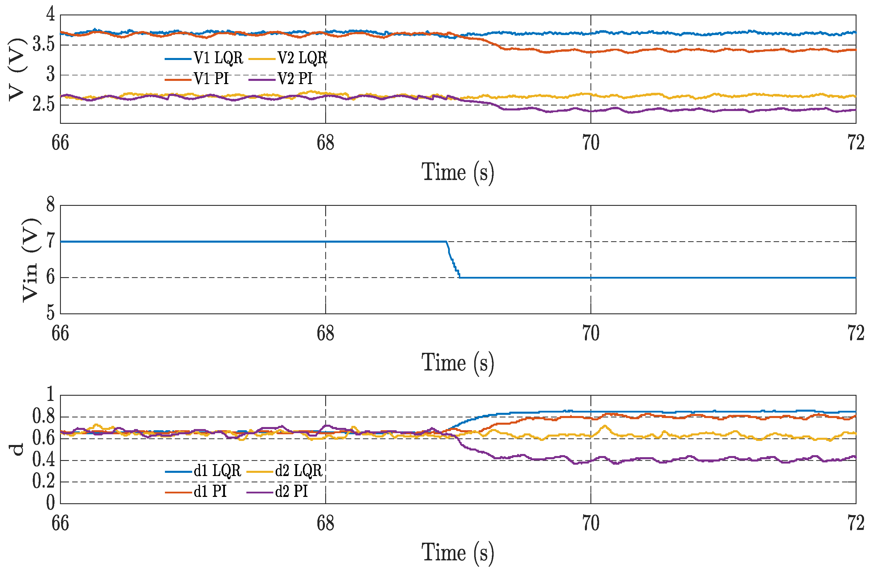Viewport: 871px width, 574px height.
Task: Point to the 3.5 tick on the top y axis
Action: pyautogui.click(x=43, y=45)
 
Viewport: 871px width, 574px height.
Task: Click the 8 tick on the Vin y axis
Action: pyautogui.click(x=50, y=205)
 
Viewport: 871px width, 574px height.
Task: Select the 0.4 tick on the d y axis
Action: pyautogui.click(x=43, y=460)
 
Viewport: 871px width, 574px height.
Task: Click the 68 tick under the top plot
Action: pyautogui.click(x=325, y=143)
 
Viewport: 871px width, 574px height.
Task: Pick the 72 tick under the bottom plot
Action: pyautogui.click(x=856, y=524)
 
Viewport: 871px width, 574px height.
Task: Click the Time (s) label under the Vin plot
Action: pyautogui.click(x=457, y=363)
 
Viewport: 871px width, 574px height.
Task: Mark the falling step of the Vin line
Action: pyautogui.click(x=453, y=260)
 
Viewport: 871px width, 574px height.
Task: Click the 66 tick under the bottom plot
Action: pyautogui.click(x=60, y=524)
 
